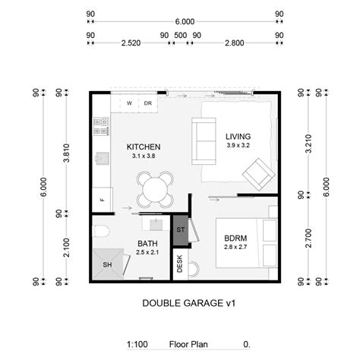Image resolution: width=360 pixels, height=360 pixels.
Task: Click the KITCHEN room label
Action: [143, 147]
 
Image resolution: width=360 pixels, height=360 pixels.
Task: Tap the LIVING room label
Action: [238, 137]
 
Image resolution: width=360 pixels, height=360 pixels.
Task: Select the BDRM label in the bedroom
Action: [235, 238]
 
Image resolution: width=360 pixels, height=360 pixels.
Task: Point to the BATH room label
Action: [147, 244]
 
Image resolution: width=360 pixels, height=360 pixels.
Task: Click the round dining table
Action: [155, 188]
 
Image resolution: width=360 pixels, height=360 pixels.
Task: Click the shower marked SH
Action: [106, 264]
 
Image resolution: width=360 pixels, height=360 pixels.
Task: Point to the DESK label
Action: [180, 264]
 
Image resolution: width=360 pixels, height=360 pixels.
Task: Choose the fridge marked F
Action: [101, 201]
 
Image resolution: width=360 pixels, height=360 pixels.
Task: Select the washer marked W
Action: [129, 103]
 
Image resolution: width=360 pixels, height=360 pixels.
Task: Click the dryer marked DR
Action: [148, 103]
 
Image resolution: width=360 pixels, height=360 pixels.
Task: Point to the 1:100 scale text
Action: [138, 344]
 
